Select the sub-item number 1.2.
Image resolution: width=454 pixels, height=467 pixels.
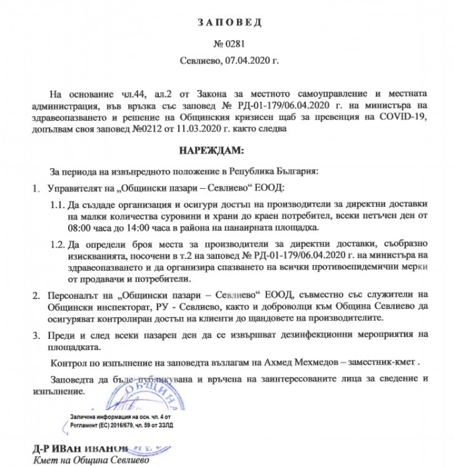pyautogui.click(x=59, y=246)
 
